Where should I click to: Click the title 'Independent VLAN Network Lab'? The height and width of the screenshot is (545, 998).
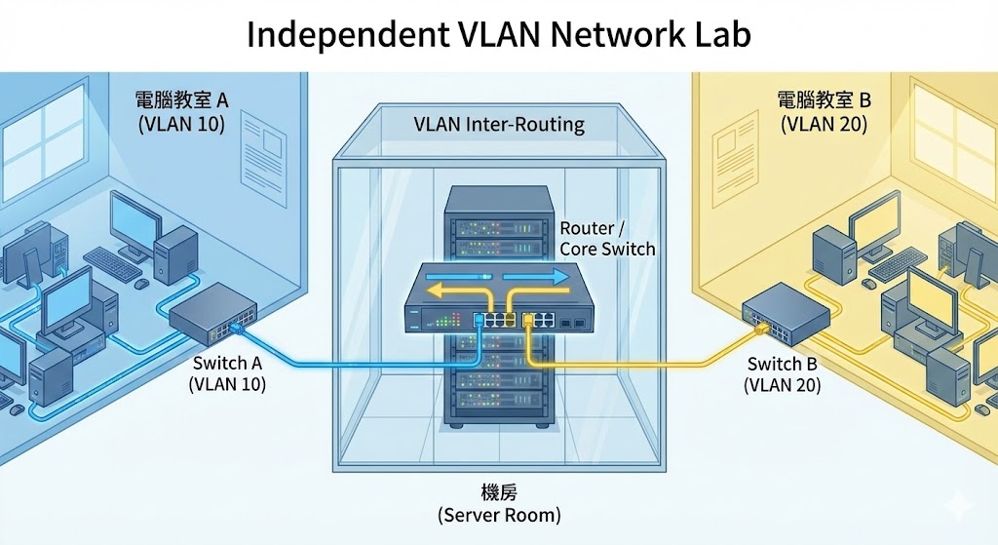498,34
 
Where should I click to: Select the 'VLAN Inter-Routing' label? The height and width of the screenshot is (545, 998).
499,124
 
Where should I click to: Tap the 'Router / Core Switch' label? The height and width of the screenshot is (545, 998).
606,238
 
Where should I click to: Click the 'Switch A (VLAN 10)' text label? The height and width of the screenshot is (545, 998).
227,373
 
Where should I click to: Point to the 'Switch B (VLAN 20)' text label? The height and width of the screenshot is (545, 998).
782,374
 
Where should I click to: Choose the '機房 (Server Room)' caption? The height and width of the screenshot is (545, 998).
499,502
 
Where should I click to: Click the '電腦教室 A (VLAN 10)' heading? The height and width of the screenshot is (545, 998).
181,111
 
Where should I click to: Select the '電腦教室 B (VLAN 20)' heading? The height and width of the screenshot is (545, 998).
823,111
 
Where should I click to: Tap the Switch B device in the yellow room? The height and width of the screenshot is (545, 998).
786,313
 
